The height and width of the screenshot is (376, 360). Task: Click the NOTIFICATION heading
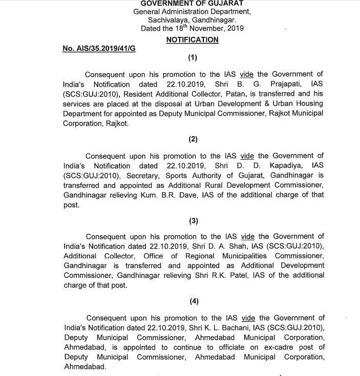coord(192,39)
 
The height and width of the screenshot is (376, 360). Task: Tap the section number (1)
coord(193,58)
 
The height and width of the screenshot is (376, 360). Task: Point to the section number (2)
coord(193,138)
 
